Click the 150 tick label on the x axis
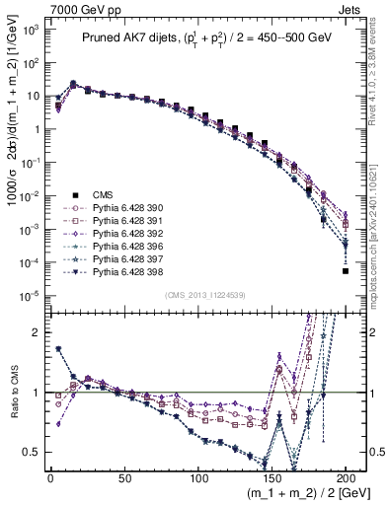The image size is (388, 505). [x=272, y=478]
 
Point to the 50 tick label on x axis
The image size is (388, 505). [x=123, y=478]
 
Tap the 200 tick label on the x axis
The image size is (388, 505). [x=347, y=478]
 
